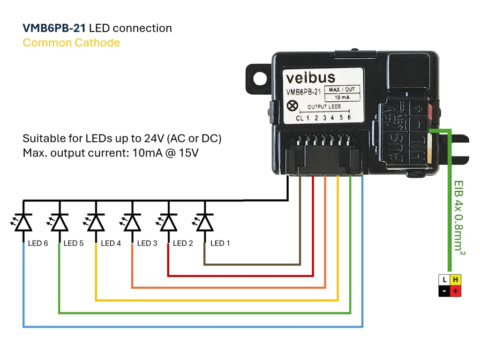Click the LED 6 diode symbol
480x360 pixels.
[23, 222]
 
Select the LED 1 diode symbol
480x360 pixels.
[204, 222]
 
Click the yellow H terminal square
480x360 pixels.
[455, 280]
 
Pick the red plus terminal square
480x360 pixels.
[455, 292]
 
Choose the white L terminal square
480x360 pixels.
[444, 280]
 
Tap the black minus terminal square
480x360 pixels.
[444, 292]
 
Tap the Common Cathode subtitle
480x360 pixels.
[71, 43]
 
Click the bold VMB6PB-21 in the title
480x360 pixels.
[54, 28]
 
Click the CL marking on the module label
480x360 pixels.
[300, 118]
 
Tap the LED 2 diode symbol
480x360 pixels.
[168, 222]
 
